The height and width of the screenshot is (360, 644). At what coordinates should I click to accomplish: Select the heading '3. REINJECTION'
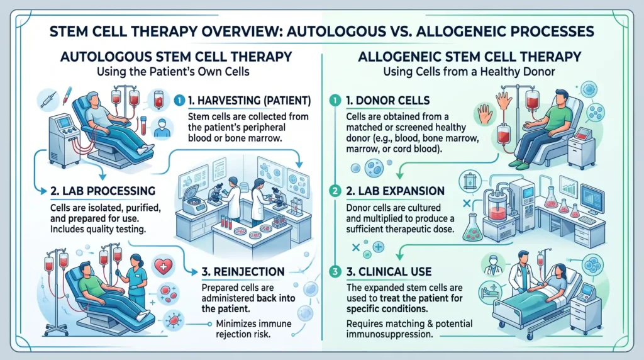243,273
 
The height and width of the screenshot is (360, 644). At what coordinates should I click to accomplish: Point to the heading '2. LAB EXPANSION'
395,190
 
